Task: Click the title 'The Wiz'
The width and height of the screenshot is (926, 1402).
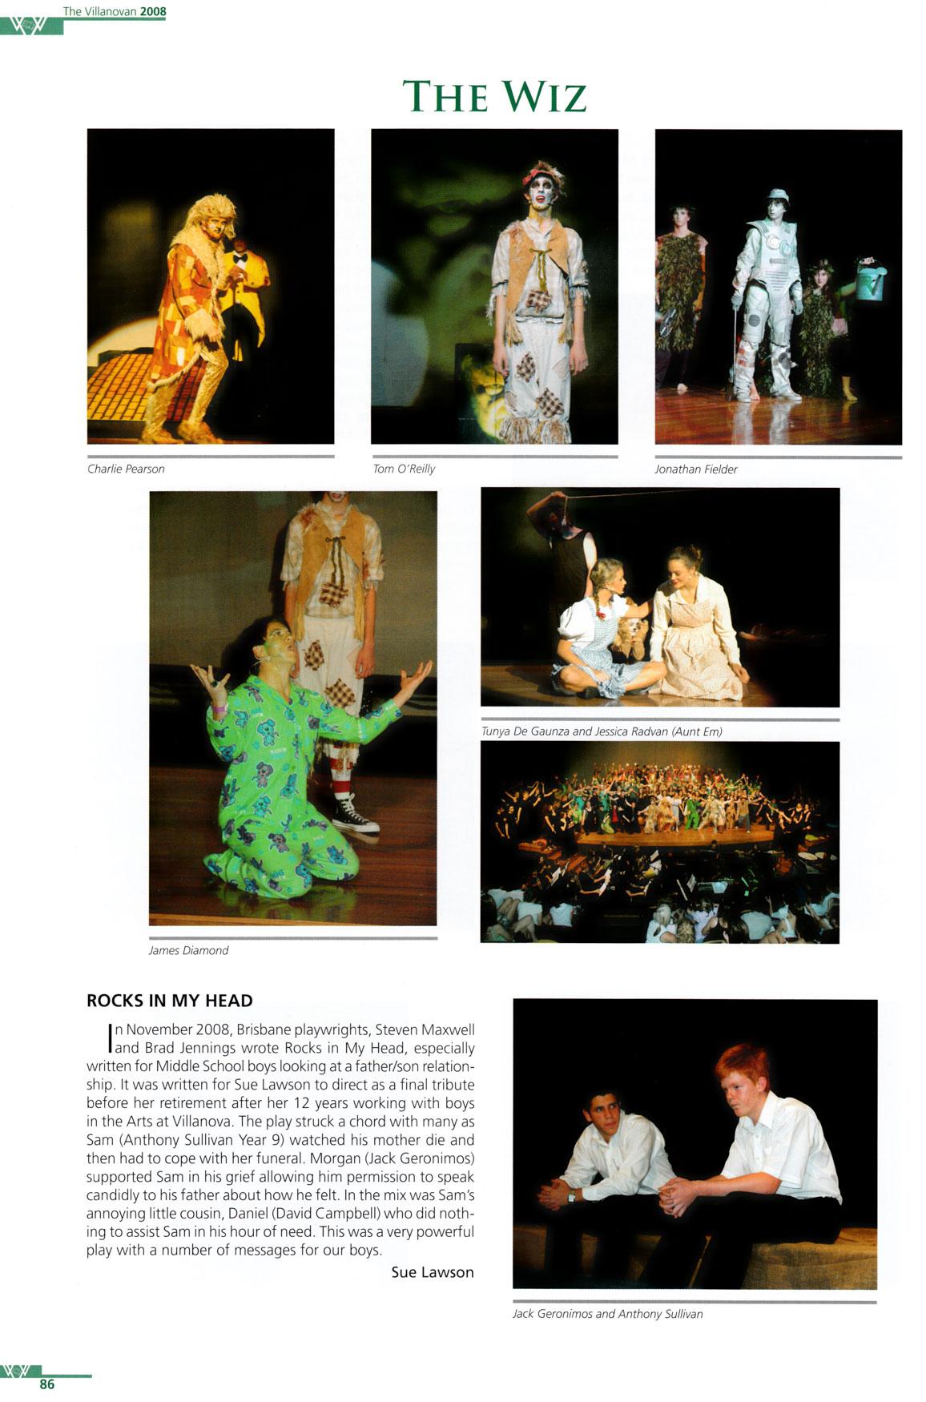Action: pyautogui.click(x=494, y=97)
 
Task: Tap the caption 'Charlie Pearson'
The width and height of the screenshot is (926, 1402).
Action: pyautogui.click(x=126, y=469)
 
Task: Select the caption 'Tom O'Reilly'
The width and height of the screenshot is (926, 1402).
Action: pyautogui.click(x=404, y=469)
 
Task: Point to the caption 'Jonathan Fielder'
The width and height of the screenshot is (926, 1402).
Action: pyautogui.click(x=695, y=469)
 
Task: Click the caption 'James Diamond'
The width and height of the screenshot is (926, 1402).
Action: pyautogui.click(x=188, y=950)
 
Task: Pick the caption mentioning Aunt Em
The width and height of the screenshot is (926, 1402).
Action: pyautogui.click(x=602, y=731)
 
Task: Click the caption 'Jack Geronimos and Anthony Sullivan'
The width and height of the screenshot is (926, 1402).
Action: pyautogui.click(x=607, y=1314)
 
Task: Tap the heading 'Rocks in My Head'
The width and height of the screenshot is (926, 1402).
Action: pyautogui.click(x=170, y=1001)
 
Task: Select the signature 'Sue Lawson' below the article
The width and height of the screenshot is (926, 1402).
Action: pyautogui.click(x=433, y=1272)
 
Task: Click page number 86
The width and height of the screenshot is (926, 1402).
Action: pyautogui.click(x=47, y=1384)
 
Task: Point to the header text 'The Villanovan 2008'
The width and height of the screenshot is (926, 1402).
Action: pyautogui.click(x=115, y=11)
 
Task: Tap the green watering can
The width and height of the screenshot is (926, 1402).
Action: pyautogui.click(x=870, y=280)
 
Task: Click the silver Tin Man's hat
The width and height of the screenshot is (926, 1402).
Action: pyautogui.click(x=776, y=195)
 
